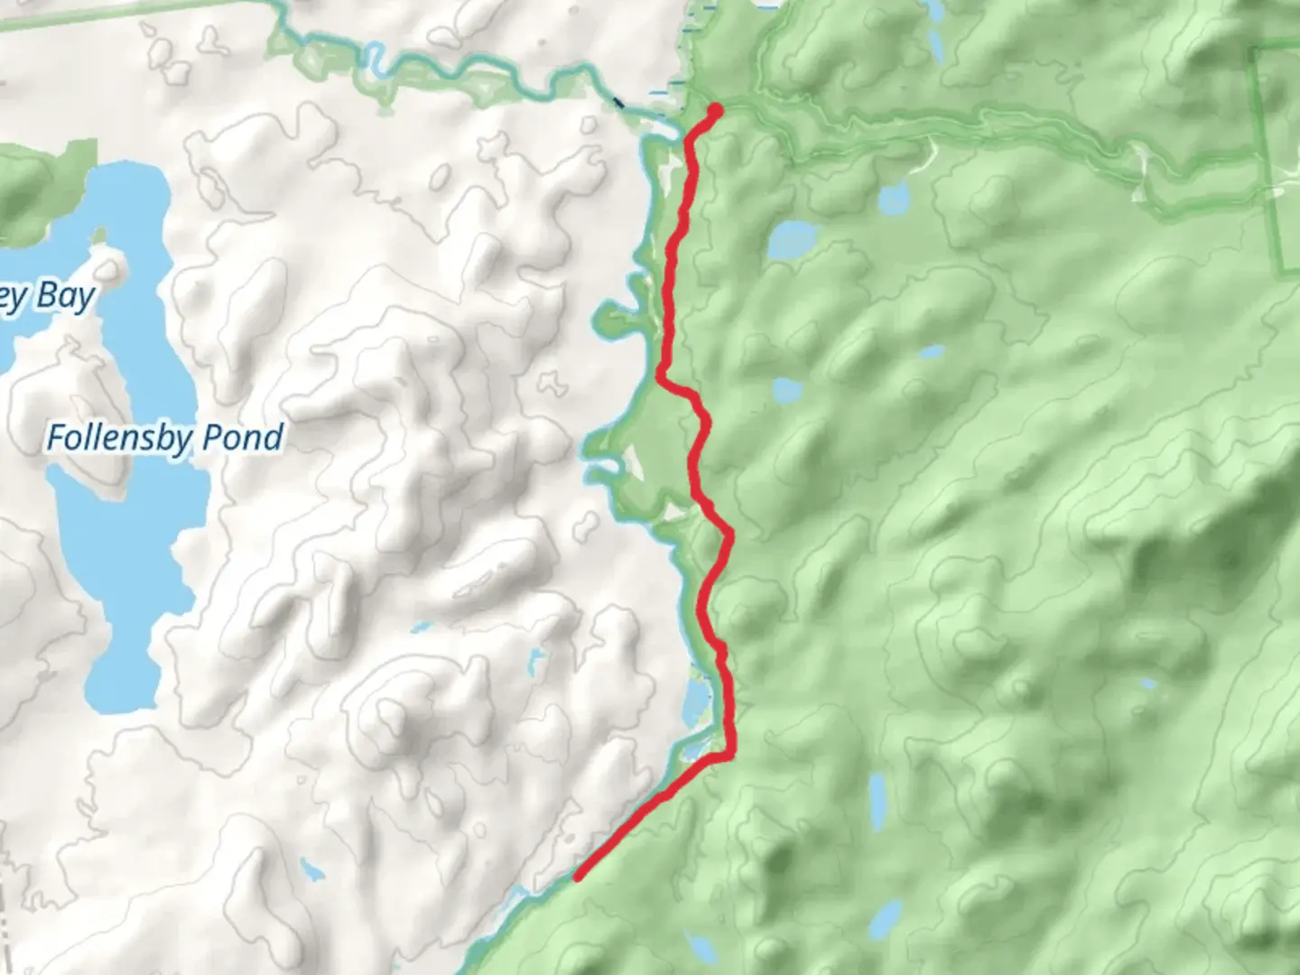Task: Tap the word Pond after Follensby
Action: point(243,437)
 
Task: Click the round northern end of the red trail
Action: point(716,110)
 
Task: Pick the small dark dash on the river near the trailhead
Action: point(619,103)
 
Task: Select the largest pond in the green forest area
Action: point(793,240)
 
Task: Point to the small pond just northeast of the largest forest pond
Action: point(893,196)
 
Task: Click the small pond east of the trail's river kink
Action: point(787,391)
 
